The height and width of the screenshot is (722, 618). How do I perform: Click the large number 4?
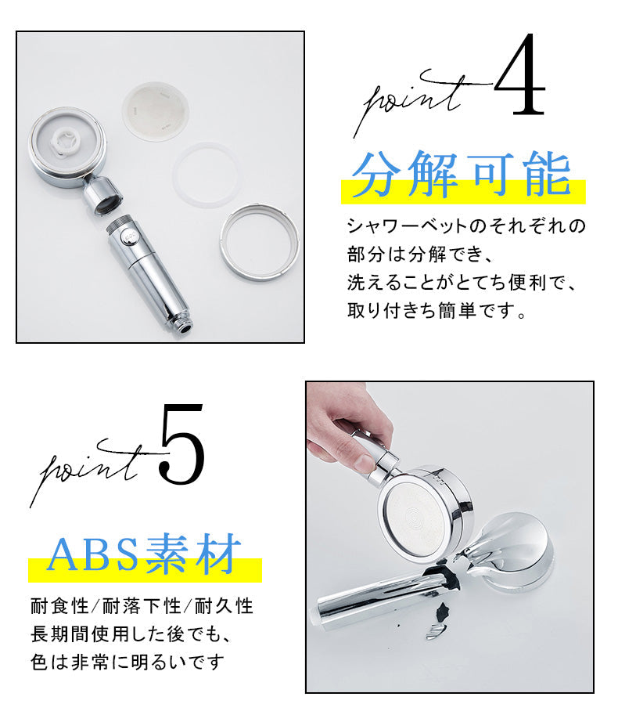coord(520,74)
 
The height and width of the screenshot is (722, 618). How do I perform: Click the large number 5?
coord(181,444)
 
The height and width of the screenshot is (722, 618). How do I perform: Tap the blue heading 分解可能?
coord(462,175)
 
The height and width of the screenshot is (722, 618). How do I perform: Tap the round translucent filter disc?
coord(156,112)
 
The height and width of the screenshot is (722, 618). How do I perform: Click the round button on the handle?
coord(128,237)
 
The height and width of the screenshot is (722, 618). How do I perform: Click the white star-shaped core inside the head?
coord(63,140)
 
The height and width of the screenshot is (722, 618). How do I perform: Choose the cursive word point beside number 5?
coord(90,470)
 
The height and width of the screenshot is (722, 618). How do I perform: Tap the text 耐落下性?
coord(141,606)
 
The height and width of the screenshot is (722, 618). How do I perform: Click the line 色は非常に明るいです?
coord(128,662)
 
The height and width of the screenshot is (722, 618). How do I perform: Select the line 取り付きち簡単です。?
coord(437,311)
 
